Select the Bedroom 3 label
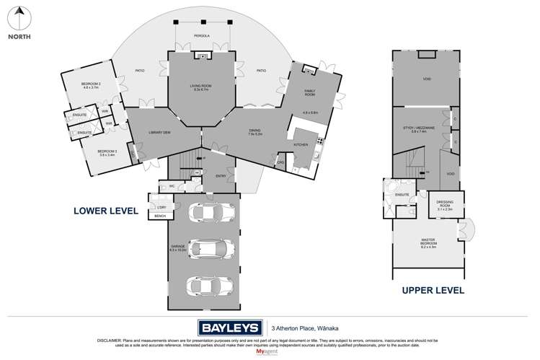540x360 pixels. coord(107,152)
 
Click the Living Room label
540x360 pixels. coord(203,87)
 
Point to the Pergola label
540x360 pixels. coord(203,35)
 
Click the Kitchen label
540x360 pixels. coord(302,144)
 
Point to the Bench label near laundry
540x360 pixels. coord(159,215)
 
